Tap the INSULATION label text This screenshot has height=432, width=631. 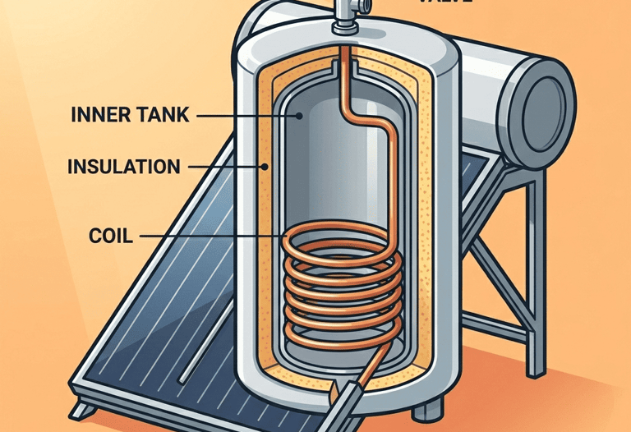tap(122, 167)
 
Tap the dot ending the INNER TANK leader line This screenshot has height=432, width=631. tap(301, 116)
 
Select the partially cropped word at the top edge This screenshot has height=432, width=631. tap(444, 2)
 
